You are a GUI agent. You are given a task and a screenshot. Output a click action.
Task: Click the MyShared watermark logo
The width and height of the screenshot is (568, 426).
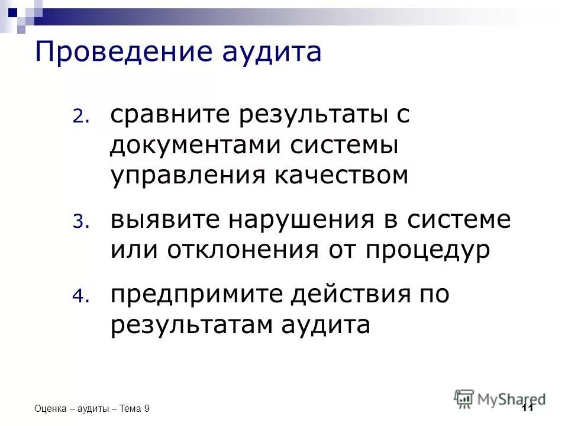coord(500,399)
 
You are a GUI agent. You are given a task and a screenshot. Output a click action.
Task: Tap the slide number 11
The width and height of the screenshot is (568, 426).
coord(528,409)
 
